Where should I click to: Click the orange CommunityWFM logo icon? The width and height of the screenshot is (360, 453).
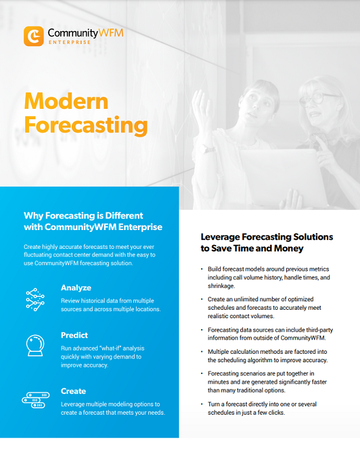point(34,36)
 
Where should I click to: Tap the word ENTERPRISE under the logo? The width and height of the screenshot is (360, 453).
point(70,42)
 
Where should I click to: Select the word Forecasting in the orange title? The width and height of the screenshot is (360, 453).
point(85,124)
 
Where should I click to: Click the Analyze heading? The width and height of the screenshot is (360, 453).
point(76,288)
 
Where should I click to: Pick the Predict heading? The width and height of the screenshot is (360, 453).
point(74,336)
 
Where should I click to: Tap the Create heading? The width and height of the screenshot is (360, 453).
point(73,391)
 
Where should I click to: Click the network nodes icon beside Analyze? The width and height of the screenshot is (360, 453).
point(35,299)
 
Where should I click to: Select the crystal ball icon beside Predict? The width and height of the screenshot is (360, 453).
point(35,345)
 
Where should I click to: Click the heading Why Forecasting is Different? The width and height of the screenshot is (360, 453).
point(84,215)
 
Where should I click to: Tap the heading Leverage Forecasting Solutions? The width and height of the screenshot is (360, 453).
point(267,237)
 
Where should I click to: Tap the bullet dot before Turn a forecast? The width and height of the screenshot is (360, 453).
point(201,403)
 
